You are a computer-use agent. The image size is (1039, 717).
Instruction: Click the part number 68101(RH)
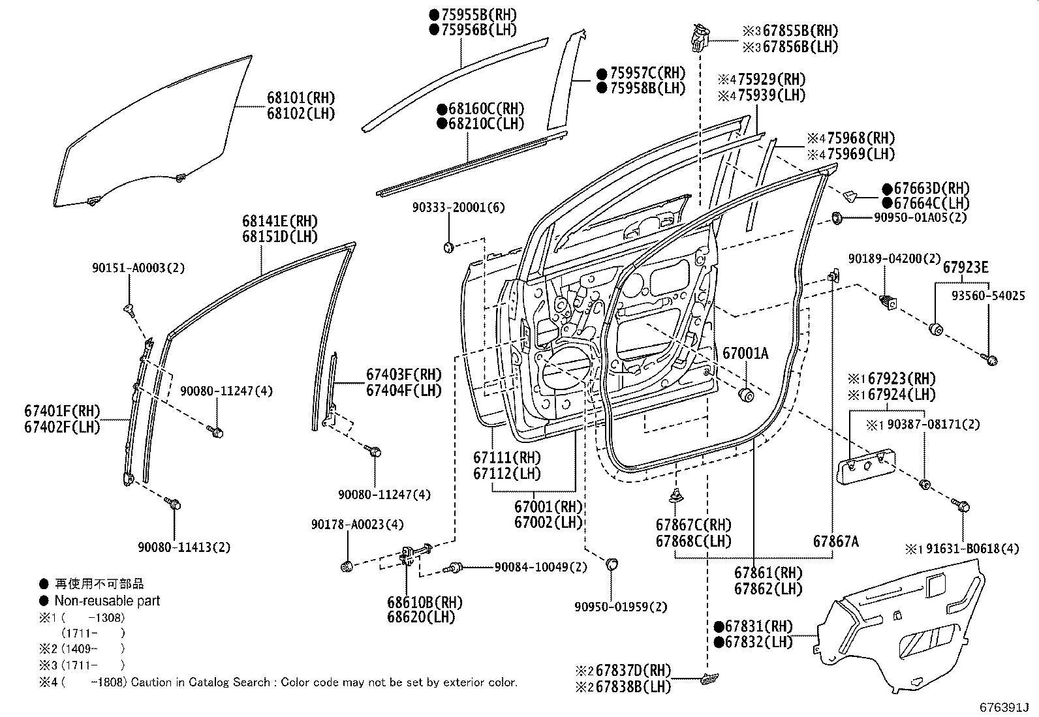300,98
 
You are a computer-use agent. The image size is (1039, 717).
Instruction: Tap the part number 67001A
745,354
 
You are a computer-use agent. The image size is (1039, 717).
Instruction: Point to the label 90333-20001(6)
458,207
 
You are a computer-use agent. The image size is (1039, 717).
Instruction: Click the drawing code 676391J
1004,707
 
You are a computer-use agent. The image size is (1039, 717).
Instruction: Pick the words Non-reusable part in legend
107,601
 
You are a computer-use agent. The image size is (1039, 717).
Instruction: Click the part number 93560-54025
987,296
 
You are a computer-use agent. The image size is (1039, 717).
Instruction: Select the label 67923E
965,267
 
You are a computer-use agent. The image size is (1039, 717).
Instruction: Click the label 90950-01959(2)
621,607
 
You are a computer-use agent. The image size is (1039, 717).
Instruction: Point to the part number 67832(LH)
759,642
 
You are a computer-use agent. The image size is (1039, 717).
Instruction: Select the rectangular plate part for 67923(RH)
866,465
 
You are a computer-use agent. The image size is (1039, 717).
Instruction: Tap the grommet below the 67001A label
746,395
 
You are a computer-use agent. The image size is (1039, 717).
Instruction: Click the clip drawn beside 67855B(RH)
698,37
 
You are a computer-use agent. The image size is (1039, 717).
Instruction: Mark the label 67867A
836,541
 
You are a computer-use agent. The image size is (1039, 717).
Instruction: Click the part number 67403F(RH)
403,374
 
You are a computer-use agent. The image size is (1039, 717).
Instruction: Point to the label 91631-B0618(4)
969,549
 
